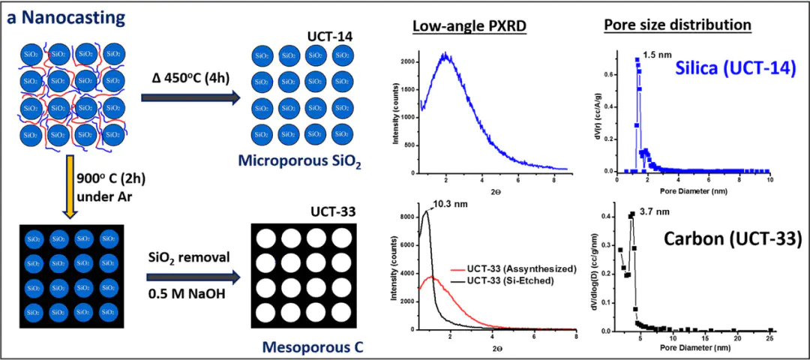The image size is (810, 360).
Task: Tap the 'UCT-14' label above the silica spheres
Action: (331, 37)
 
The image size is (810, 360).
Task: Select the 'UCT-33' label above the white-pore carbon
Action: (334, 213)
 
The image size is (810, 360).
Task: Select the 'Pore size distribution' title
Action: (677, 25)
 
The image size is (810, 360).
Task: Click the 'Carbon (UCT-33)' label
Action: (732, 240)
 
